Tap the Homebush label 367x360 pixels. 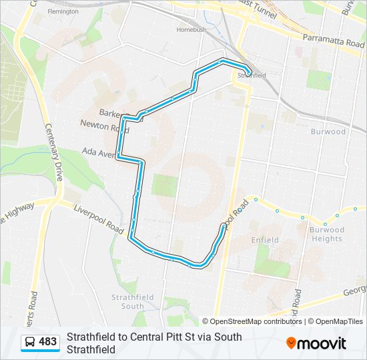click(x=192, y=30)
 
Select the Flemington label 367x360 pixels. click(x=63, y=12)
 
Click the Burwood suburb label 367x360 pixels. click(x=328, y=131)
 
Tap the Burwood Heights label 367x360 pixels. click(x=326, y=234)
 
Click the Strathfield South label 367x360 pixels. click(x=127, y=301)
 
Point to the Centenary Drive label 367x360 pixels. click(x=53, y=153)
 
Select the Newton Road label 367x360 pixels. click(x=104, y=124)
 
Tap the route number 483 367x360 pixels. click(x=48, y=342)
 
